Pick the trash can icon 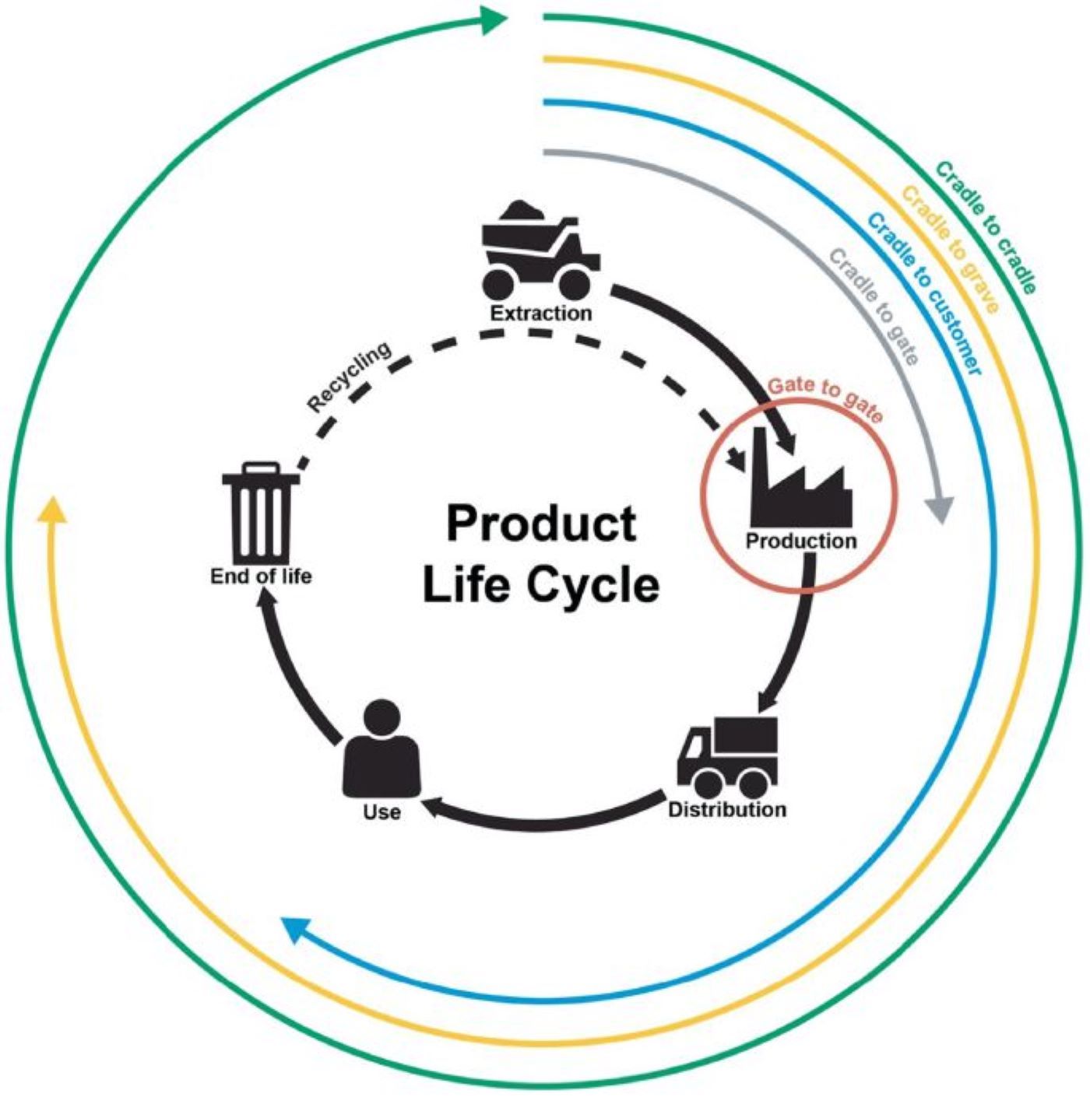(261, 513)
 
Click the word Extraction (540, 314)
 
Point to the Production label (801, 541)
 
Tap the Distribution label (728, 810)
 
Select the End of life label (261, 577)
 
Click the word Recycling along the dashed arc (350, 378)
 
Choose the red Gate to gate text (825, 399)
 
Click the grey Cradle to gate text (874, 307)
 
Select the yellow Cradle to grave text (950, 249)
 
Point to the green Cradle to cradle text (986, 227)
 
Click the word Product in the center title (540, 523)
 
